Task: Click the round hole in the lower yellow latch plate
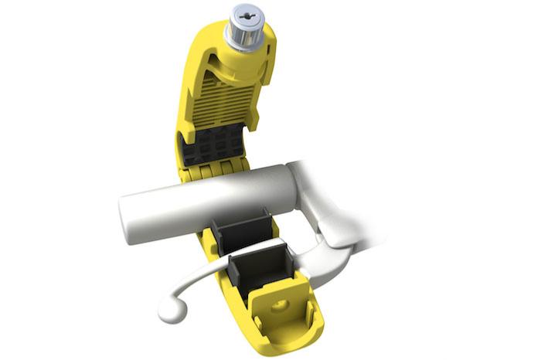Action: click(277, 307)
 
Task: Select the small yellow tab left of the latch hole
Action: click(256, 310)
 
